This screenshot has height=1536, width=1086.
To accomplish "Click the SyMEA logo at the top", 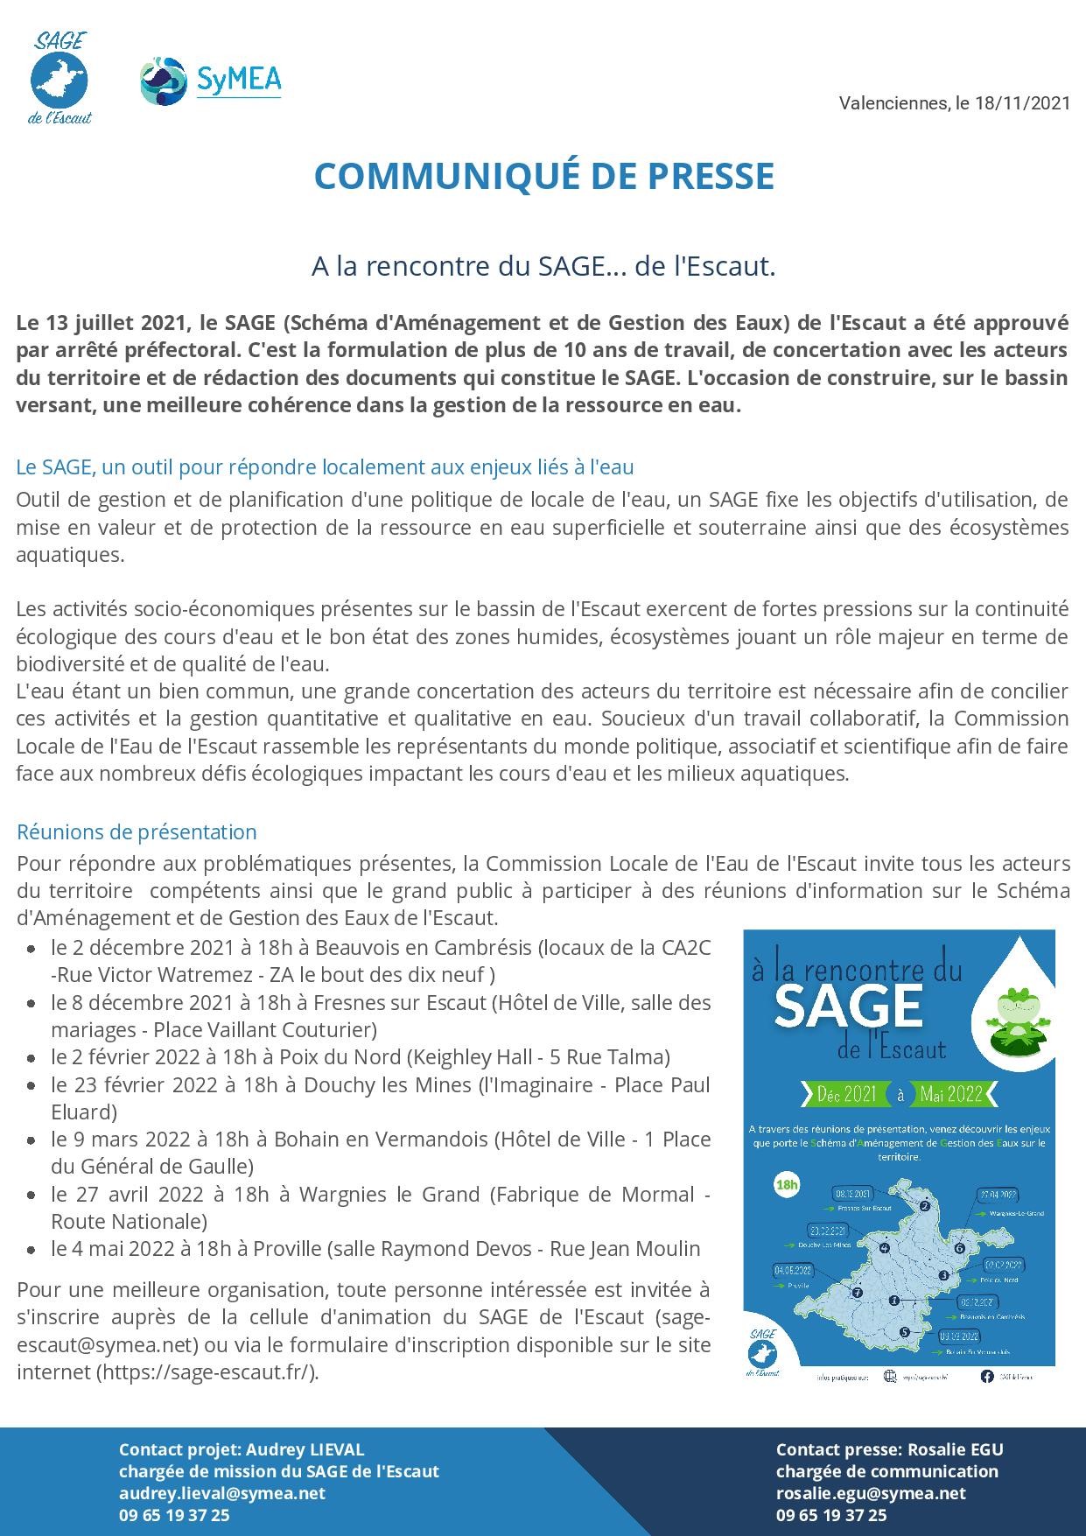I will click(211, 81).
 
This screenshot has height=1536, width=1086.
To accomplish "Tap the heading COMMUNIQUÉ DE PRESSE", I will click(543, 176).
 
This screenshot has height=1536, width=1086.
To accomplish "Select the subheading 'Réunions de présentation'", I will click(137, 831).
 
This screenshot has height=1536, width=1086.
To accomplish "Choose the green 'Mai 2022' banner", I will click(950, 1093).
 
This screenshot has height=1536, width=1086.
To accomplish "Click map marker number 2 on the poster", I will click(924, 1207).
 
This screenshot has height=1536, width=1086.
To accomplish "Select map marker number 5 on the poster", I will click(903, 1332).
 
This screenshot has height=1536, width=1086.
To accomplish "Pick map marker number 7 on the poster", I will click(858, 1292).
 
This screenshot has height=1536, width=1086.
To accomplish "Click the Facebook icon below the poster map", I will click(986, 1377).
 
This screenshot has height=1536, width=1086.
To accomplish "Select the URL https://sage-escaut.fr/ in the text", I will click(207, 1371).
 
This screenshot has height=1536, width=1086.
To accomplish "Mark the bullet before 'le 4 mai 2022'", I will click(32, 1250).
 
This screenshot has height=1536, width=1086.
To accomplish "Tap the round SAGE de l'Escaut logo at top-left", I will click(60, 80).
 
